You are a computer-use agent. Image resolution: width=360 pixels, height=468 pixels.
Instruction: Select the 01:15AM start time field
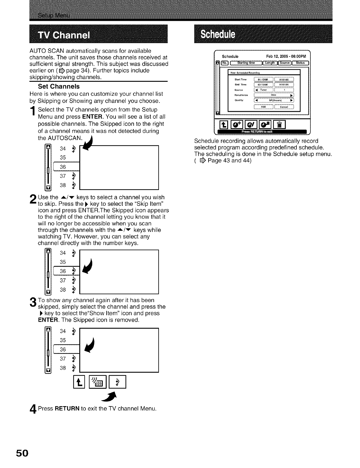pos(263,79)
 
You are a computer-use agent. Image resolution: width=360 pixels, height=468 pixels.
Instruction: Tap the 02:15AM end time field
pos(263,85)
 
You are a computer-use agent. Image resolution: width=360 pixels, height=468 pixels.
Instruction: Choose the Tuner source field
pos(263,90)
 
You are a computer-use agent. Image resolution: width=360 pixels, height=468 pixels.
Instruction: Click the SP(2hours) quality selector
pos(274,100)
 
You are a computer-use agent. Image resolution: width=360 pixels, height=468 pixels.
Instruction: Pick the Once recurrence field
pos(274,95)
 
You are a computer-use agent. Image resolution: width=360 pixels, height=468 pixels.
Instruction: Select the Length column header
pos(270,63)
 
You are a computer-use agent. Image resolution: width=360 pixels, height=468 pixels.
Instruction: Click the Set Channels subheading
pos(59,87)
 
